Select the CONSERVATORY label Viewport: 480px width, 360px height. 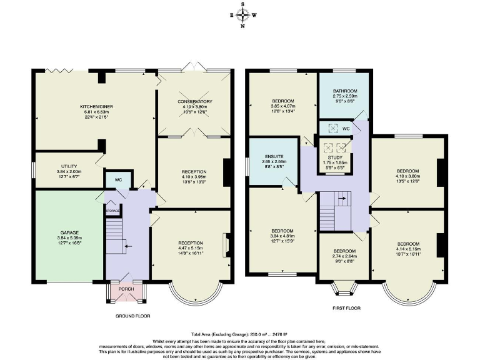coord(194,101)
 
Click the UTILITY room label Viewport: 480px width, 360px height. coord(61,167)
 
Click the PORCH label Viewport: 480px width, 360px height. coord(127,289)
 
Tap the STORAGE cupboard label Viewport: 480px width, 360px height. coord(112,211)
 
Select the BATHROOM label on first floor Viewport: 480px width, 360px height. coord(345,90)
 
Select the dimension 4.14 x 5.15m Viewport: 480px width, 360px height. coord(407,249)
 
